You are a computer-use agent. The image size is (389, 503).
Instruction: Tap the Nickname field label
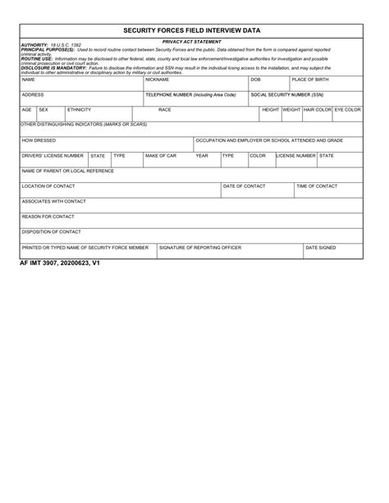click(x=157, y=80)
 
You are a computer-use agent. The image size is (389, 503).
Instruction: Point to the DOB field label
click(x=255, y=80)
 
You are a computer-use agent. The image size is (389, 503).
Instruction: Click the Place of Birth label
click(x=310, y=80)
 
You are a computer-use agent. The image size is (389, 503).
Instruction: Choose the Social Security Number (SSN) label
click(x=287, y=94)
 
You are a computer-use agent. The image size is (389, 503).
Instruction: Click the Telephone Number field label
click(x=190, y=94)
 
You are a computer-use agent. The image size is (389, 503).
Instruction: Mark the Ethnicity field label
click(x=80, y=109)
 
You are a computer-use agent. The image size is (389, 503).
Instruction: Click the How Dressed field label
click(x=39, y=140)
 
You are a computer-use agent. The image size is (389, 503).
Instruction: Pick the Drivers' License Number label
click(x=53, y=155)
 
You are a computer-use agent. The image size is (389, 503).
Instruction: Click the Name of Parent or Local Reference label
click(x=68, y=171)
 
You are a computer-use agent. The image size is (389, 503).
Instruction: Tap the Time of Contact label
click(x=317, y=186)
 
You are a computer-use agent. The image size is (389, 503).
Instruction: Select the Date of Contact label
click(x=245, y=186)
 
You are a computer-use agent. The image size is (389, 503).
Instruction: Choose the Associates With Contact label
click(x=54, y=201)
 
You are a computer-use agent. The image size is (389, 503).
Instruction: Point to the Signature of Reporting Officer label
click(x=200, y=247)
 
